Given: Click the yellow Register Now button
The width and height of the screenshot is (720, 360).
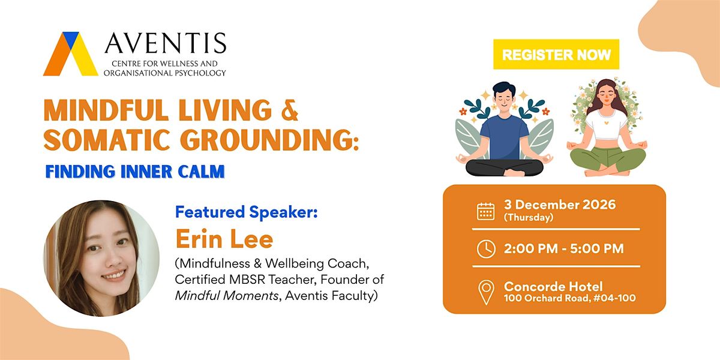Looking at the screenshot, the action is click(556, 55).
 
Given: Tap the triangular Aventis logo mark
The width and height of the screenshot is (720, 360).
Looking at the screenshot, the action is click(71, 54).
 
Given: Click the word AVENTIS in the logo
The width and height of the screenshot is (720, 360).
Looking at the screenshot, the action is click(166, 43).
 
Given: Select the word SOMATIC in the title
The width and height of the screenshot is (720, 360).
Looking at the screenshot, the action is click(107, 140).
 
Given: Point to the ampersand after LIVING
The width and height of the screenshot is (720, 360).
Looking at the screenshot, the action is click(289, 110).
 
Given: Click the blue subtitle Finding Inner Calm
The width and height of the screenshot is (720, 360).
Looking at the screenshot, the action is click(135, 172).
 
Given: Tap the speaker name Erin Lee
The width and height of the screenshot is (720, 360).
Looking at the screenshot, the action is click(224, 239).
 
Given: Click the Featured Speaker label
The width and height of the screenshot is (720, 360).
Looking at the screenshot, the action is click(246, 212).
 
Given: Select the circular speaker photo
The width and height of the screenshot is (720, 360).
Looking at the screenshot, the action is click(101, 259).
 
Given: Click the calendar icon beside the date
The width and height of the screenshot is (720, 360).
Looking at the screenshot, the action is click(485, 211).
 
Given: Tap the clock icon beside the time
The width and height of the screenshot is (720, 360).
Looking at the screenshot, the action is click(486, 249).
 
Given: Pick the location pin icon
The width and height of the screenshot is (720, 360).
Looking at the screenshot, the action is click(486, 292).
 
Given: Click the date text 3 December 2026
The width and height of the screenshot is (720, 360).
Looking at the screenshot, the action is click(560, 205).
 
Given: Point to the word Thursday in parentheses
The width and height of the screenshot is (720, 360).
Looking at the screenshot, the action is click(529, 218).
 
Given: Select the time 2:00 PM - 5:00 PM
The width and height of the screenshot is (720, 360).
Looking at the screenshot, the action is click(563, 248).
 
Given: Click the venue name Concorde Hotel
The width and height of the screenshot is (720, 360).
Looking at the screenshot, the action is click(553, 286).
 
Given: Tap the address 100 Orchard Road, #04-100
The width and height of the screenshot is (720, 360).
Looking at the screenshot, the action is click(570, 298).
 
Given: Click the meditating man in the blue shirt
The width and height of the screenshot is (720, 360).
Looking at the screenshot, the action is click(504, 129).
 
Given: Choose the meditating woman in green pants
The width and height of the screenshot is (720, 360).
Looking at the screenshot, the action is click(607, 128).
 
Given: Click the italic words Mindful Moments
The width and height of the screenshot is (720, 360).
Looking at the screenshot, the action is click(226, 296).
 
